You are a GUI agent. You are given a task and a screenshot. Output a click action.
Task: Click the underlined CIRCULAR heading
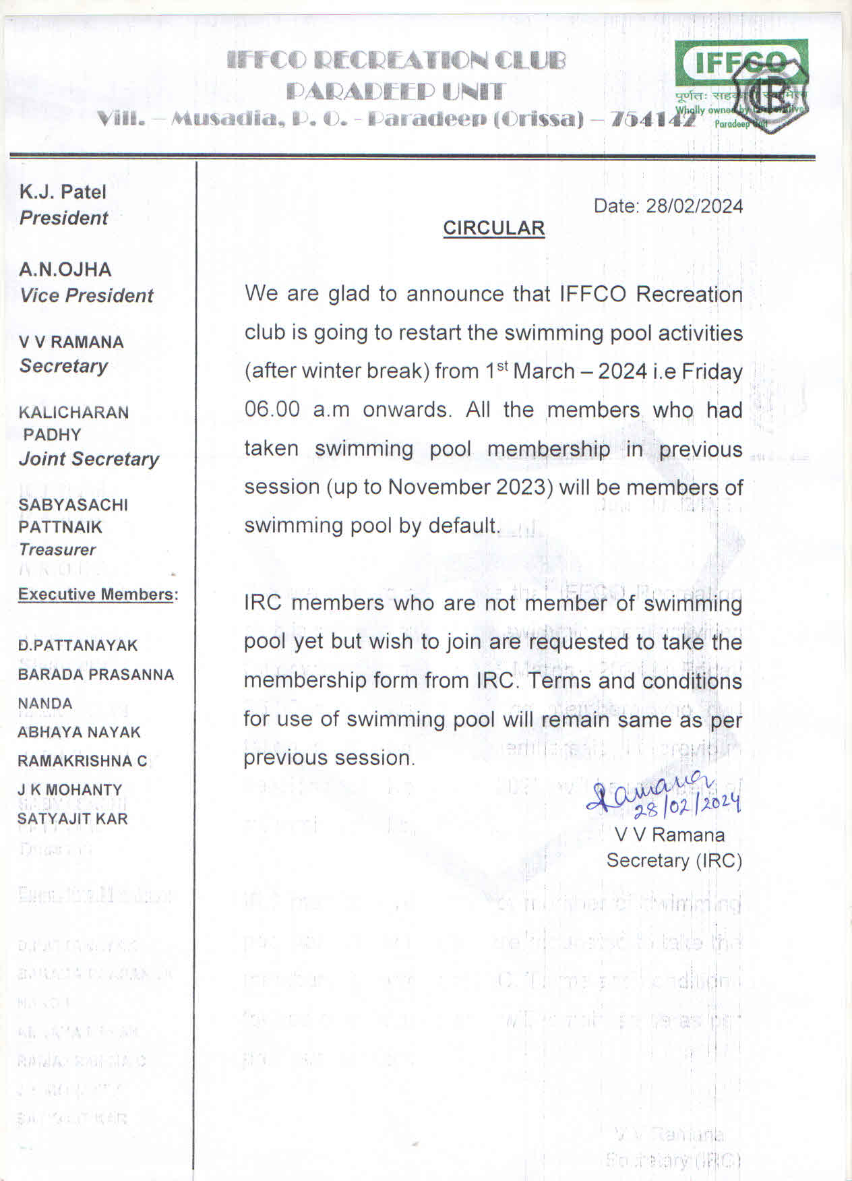(x=493, y=229)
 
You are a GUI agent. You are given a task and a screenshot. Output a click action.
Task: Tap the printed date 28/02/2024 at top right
(x=694, y=206)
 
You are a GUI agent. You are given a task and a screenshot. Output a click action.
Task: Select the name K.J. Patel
(x=63, y=192)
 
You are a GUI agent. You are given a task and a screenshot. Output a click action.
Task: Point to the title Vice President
(x=87, y=295)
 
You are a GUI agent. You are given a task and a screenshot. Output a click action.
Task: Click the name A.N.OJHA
(x=65, y=270)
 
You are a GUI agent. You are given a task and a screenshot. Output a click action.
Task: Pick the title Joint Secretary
(x=89, y=459)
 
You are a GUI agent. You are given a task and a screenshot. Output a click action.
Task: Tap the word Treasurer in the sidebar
(x=57, y=549)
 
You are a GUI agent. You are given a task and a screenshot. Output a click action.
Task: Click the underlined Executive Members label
(x=96, y=595)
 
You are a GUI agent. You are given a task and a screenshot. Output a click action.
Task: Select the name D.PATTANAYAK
(x=78, y=646)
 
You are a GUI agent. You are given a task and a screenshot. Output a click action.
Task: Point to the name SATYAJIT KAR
(x=72, y=818)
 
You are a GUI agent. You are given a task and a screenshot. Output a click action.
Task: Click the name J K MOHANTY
(x=70, y=789)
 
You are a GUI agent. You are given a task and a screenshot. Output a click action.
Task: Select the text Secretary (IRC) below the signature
(x=674, y=861)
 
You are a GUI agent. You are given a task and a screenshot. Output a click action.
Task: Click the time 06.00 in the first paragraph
(x=272, y=410)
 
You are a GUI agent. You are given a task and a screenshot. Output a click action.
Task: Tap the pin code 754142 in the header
(x=652, y=120)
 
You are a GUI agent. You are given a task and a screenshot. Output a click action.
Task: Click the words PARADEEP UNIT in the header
(x=395, y=91)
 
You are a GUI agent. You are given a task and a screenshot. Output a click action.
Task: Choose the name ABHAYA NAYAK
(x=79, y=732)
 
